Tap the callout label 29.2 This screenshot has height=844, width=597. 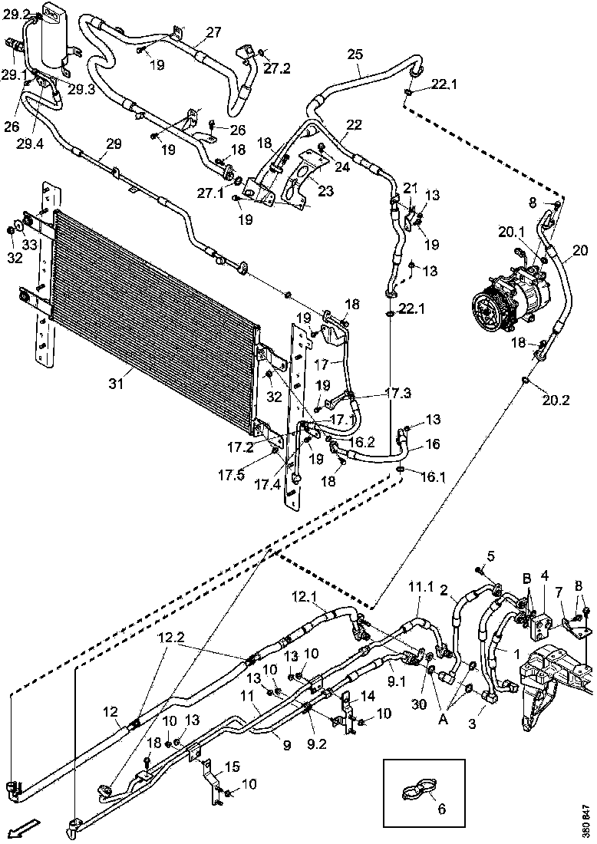tap(15, 15)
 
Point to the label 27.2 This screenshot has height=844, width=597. tap(278, 68)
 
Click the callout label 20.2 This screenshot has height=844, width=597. tap(556, 399)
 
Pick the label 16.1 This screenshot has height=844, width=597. tap(434, 476)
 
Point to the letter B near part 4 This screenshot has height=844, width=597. tap(527, 577)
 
